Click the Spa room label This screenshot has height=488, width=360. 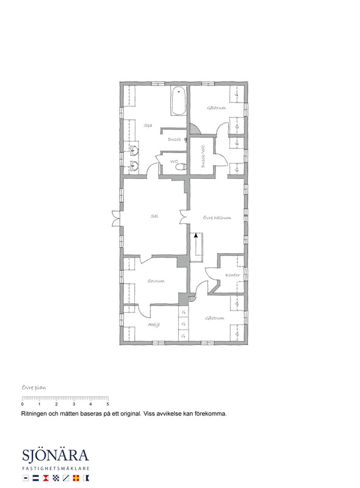pyautogui.click(x=148, y=126)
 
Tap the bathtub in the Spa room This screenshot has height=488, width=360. pyautogui.click(x=178, y=102)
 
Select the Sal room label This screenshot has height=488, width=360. pyautogui.click(x=154, y=216)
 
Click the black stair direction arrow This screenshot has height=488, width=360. pyautogui.click(x=196, y=235)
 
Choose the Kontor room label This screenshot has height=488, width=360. pyautogui.click(x=232, y=274)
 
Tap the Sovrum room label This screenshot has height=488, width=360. pyautogui.click(x=156, y=281)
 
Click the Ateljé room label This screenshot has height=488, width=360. pyautogui.click(x=154, y=325)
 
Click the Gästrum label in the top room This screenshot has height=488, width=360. pyautogui.click(x=216, y=108)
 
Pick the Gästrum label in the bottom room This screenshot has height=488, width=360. pyautogui.click(x=215, y=318)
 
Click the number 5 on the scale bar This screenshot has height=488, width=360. pyautogui.click(x=107, y=404)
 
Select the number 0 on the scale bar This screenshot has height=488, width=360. pyautogui.click(x=22, y=404)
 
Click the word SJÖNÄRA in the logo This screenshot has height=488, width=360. pyautogui.click(x=56, y=456)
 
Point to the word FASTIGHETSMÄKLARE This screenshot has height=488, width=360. pyautogui.click(x=56, y=468)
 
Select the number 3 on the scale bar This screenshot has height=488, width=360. pyautogui.click(x=73, y=404)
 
